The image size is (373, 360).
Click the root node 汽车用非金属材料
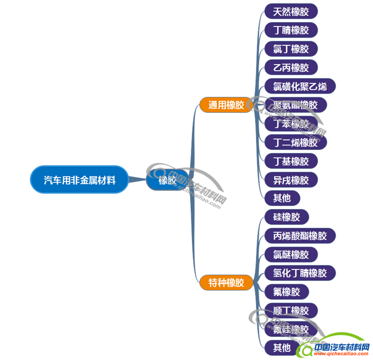click(x=79, y=179)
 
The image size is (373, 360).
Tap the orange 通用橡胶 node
click(x=226, y=105)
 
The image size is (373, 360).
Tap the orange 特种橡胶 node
click(x=226, y=283)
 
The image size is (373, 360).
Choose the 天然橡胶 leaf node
click(x=291, y=11)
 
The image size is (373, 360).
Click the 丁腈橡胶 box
click(x=291, y=30)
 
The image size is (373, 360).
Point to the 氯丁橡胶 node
click(x=291, y=49)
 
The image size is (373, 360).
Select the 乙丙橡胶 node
click(x=291, y=68)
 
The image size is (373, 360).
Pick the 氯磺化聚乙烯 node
click(x=300, y=86)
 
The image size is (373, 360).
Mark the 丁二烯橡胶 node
click(x=295, y=142)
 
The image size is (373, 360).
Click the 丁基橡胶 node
click(x=291, y=161)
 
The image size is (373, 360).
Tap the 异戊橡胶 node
click(x=291, y=180)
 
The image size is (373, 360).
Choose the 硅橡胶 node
click(x=286, y=217)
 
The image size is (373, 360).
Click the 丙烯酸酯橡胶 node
click(x=300, y=236)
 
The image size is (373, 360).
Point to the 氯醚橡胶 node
click(x=291, y=254)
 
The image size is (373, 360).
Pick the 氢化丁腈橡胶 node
click(x=300, y=273)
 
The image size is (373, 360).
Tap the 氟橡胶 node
click(x=286, y=292)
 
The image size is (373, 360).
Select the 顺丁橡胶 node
click(x=291, y=310)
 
